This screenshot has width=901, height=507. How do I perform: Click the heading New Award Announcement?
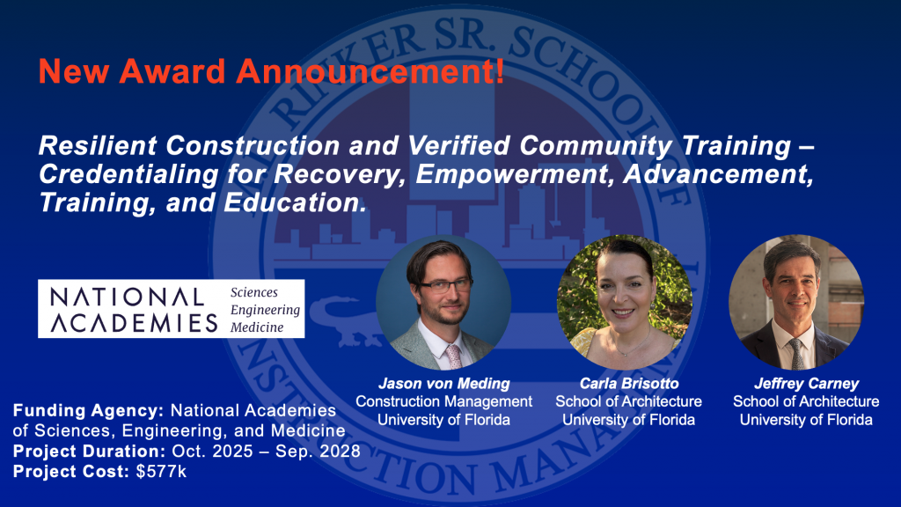[271, 70]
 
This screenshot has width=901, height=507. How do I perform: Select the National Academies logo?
[171, 309]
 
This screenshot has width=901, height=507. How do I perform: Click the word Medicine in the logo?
[257, 327]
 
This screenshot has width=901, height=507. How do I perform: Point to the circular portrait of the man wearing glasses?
[443, 303]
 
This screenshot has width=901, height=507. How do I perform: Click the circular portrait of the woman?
[624, 303]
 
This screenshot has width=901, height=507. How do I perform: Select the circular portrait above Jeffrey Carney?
[796, 303]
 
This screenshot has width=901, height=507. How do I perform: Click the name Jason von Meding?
[443, 385]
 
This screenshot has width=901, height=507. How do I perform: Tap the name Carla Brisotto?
[628, 385]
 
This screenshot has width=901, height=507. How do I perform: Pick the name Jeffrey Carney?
[806, 385]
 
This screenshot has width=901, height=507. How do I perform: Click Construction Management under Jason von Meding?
[443, 402]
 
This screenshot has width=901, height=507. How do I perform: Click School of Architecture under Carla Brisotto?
[628, 402]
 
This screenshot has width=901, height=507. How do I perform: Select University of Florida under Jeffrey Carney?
[806, 420]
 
